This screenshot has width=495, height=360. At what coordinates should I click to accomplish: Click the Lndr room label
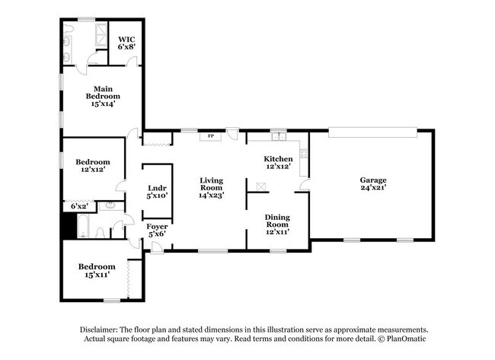point(157,188)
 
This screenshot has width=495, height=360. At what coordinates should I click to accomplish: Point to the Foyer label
point(157,226)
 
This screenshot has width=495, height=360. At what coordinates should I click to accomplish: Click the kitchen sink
point(280,138)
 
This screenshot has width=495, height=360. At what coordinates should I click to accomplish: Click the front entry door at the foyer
point(155,248)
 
